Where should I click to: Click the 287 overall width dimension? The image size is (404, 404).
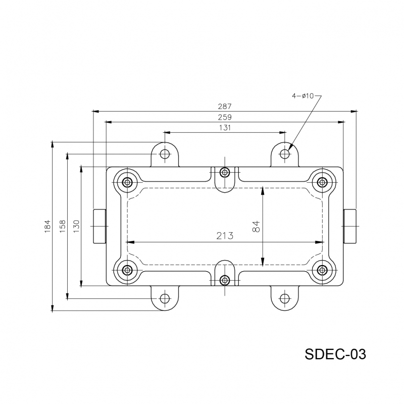pyautogui.click(x=225, y=107)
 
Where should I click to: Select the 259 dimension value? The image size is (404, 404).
pyautogui.click(x=225, y=117)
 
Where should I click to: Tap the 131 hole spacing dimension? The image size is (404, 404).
pyautogui.click(x=225, y=128)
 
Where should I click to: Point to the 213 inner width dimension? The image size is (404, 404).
pyautogui.click(x=225, y=236)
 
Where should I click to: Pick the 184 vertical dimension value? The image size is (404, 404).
pyautogui.click(x=48, y=225)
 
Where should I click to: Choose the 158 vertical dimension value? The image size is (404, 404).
pyautogui.click(x=63, y=225)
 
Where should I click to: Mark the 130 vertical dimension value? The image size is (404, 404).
pyautogui.click(x=76, y=225)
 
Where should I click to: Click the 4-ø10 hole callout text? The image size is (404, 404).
pyautogui.click(x=303, y=95)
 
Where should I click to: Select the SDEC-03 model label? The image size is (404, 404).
pyautogui.click(x=335, y=353)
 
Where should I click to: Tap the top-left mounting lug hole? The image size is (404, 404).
pyautogui.click(x=165, y=154)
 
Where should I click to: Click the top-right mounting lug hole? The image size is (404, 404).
pyautogui.click(x=285, y=154)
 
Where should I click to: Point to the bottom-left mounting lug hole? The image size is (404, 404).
pyautogui.click(x=165, y=298)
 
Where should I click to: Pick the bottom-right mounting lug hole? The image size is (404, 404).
pyautogui.click(x=285, y=298)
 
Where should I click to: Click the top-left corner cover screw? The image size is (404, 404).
pyautogui.click(x=127, y=182)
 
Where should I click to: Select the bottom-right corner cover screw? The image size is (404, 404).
pyautogui.click(x=322, y=270)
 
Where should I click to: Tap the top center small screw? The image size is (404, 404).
pyautogui.click(x=225, y=172)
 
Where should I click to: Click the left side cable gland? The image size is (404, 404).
pyautogui.click(x=99, y=226)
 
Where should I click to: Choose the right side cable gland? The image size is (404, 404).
pyautogui.click(x=350, y=226)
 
